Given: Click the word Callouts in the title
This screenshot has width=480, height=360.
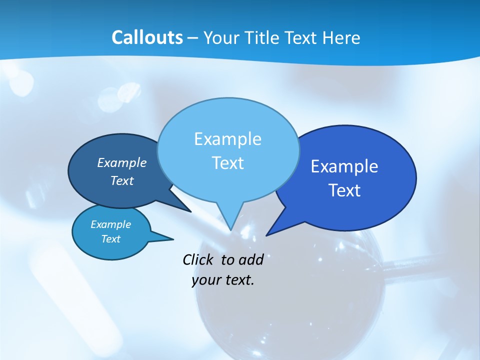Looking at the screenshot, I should (x=147, y=37).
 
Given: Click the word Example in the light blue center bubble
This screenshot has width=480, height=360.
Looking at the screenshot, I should (x=227, y=139).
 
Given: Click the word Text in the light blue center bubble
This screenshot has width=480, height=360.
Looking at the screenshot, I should (x=227, y=163).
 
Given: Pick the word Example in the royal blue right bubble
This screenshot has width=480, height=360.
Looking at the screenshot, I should (x=344, y=166).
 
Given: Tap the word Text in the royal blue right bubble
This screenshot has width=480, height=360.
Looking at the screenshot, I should (x=344, y=190).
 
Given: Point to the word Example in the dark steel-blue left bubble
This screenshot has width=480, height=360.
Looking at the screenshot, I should (x=122, y=162).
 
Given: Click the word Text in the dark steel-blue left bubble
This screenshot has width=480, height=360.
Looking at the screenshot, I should (x=122, y=180).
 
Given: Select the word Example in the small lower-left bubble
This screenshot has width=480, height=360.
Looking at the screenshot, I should (x=111, y=224).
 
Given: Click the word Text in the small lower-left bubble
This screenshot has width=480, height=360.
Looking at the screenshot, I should (x=111, y=239).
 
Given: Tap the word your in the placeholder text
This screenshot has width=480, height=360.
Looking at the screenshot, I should (x=205, y=280).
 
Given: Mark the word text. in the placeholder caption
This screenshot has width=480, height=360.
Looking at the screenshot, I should (x=238, y=280).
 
